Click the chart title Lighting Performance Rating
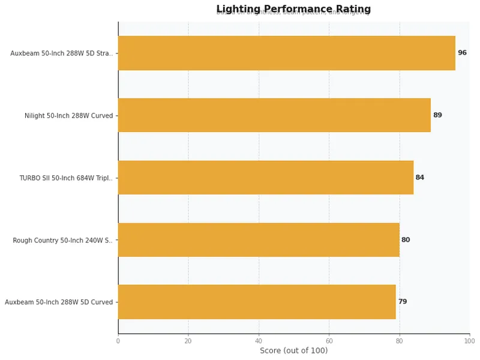tap(293, 9)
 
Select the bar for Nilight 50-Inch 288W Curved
tap(274, 115)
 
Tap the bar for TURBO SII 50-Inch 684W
tap(266, 178)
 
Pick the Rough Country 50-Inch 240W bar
tap(259, 240)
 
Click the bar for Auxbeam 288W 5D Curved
tap(257, 302)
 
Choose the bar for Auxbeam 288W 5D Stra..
tap(287, 53)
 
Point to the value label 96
tap(462, 53)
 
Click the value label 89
tap(437, 115)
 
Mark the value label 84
tap(420, 178)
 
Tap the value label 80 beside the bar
tap(406, 240)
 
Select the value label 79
tap(403, 302)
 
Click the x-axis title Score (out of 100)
tap(293, 351)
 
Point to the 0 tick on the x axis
tap(118, 341)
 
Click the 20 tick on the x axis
tap(188, 341)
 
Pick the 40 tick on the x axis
tap(259, 341)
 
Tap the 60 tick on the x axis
tap(329, 341)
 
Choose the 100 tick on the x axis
tap(469, 341)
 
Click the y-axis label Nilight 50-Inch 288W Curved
tap(68, 116)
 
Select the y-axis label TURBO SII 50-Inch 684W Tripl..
tap(65, 178)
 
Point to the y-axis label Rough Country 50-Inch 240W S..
tap(62, 241)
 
